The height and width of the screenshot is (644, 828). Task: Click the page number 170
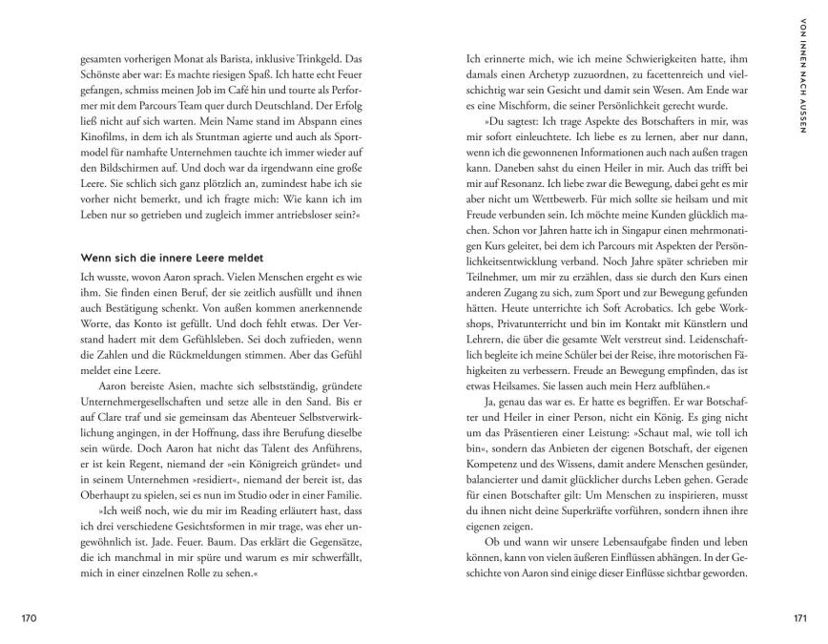coord(29,619)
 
